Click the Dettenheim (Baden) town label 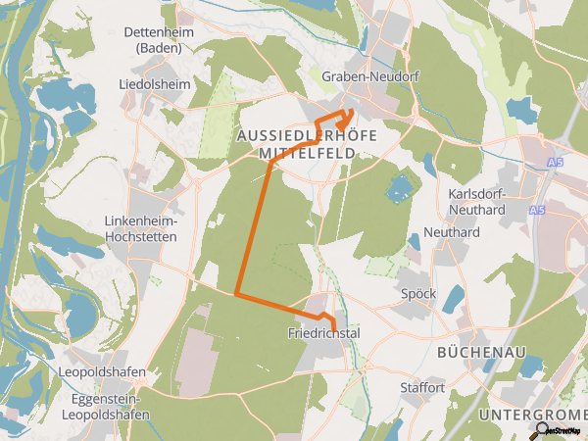[x=155, y=39]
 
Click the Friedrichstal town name [x=324, y=334]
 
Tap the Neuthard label [x=451, y=233]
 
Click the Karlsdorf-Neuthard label [x=475, y=201]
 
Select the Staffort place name [x=422, y=388]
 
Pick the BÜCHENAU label [x=482, y=352]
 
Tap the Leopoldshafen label [x=102, y=373]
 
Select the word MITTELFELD [x=306, y=153]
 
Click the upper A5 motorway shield [x=556, y=163]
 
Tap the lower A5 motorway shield [x=536, y=211]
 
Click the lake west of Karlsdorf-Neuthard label [x=399, y=188]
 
